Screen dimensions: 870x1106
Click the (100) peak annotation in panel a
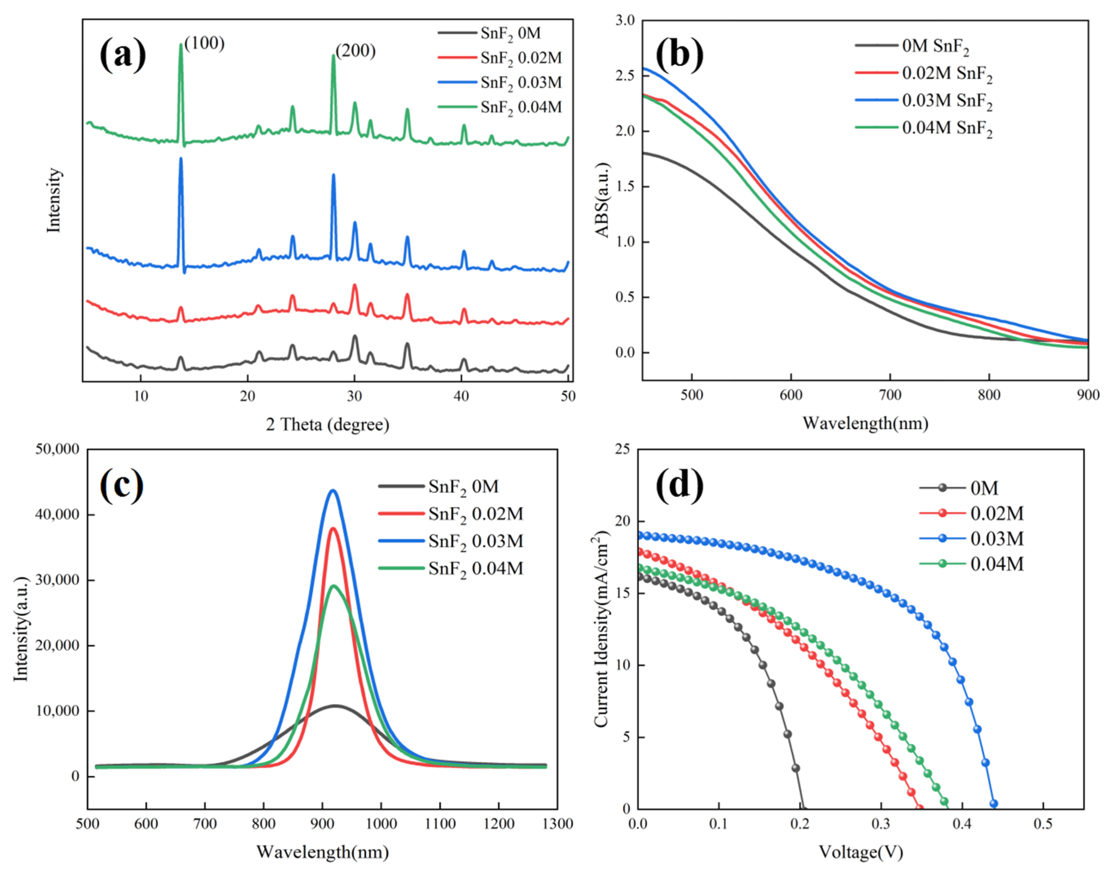coord(204,44)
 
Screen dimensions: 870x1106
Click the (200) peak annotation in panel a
coord(355,51)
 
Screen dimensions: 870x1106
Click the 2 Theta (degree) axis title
coord(328,424)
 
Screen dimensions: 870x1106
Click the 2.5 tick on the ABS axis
coord(625,75)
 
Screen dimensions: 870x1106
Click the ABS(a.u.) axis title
coord(603,200)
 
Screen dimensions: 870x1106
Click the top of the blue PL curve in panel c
coord(334,490)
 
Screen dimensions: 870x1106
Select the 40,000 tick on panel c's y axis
coord(57,515)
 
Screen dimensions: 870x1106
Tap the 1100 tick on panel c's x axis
coord(440,823)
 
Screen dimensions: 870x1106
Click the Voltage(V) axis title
coord(861,852)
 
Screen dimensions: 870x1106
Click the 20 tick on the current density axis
coord(624,521)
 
